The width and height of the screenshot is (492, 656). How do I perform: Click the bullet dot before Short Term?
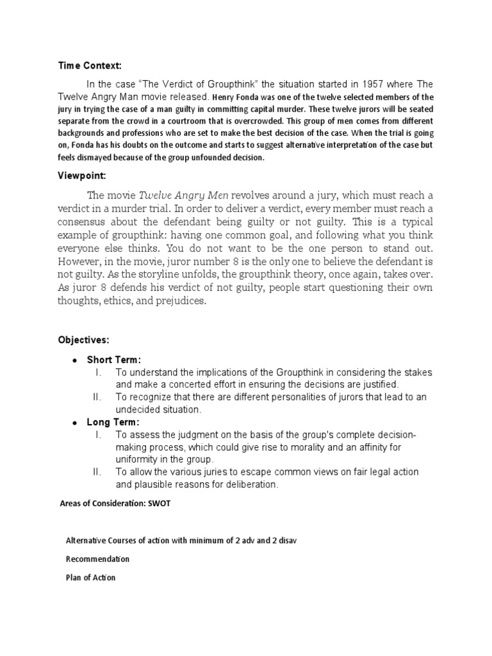75,360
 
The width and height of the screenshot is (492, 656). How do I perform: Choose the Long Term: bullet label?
113,422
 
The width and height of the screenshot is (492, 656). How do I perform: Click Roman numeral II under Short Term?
98,397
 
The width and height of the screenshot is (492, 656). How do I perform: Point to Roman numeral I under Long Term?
98,434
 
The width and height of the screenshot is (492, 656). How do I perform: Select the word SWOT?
160,503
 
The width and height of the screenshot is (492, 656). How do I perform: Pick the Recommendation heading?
97,559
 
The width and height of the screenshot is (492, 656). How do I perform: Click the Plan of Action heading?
91,577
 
